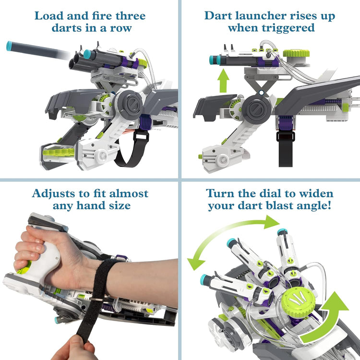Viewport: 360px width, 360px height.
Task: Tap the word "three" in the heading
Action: pyautogui.click(x=126, y=15)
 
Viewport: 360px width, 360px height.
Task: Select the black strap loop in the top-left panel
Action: pyautogui.click(x=130, y=149)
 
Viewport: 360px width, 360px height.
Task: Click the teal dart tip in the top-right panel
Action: pyautogui.click(x=212, y=60)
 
